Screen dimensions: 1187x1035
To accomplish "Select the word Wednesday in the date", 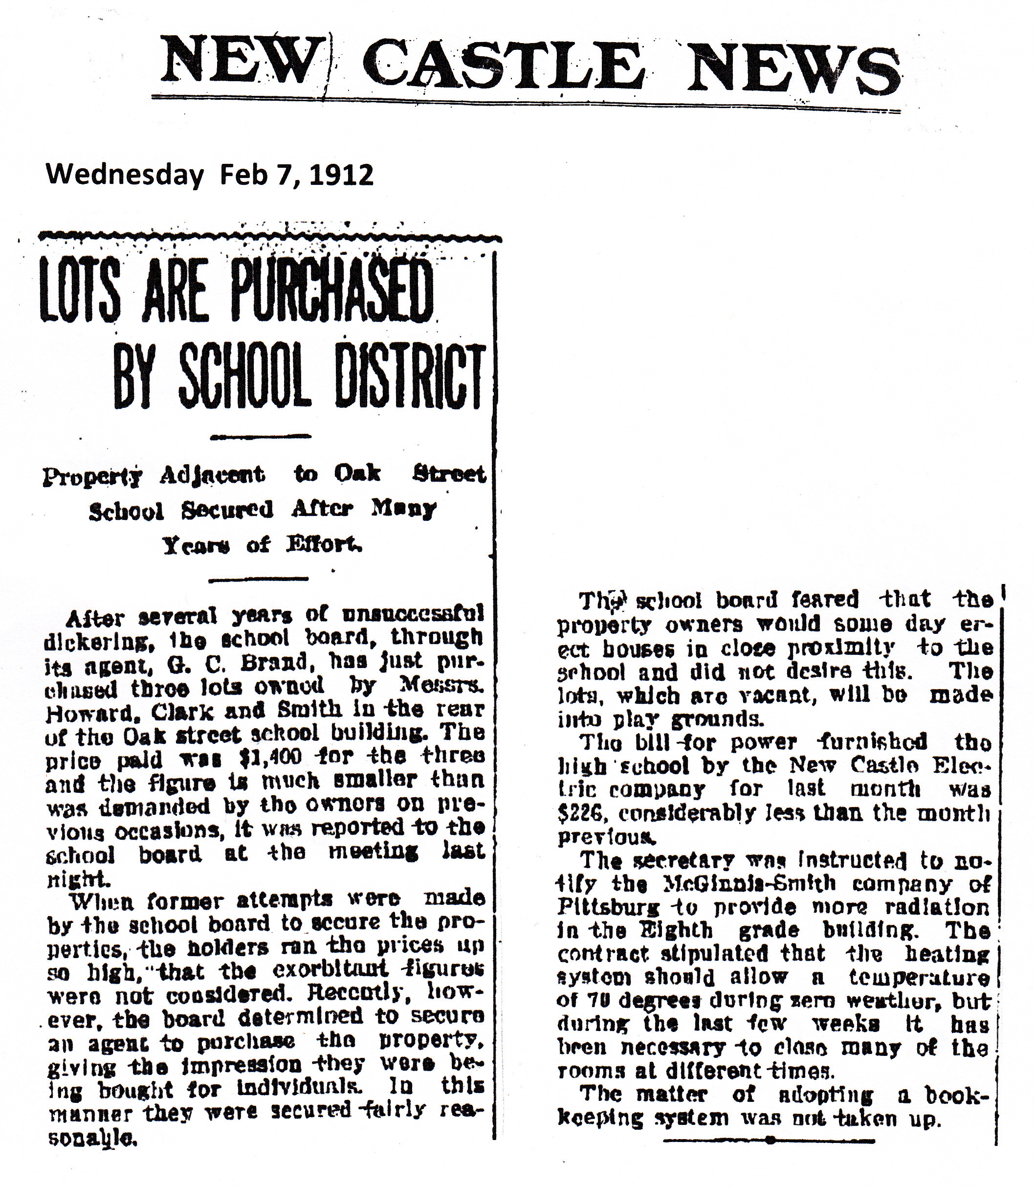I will tap(125, 175).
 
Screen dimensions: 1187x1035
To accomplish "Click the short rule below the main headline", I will tap(261, 437).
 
